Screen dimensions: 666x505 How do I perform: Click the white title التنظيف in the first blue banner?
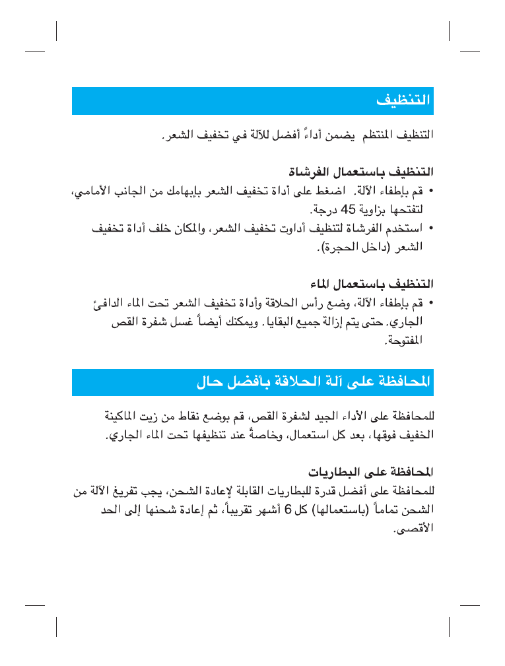click(x=403, y=101)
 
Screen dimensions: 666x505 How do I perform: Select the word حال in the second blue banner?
click(x=211, y=382)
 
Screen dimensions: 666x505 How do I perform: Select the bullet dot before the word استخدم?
click(x=430, y=228)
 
